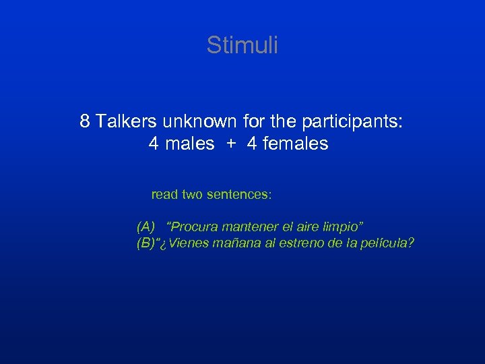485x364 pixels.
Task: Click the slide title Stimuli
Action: (242, 45)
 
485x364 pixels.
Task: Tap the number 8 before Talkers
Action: (85, 121)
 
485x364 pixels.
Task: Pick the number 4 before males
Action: (154, 144)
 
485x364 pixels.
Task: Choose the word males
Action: (190, 144)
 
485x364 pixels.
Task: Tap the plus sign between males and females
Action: (230, 144)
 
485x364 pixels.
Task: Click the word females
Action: (294, 144)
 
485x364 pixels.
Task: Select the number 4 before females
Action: (252, 144)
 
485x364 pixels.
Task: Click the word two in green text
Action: (191, 195)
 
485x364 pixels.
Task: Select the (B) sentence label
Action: (146, 243)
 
